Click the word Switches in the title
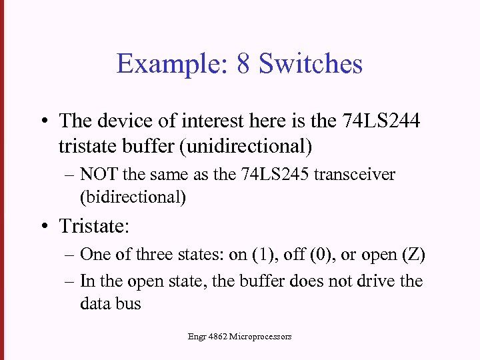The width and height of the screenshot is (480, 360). [311, 64]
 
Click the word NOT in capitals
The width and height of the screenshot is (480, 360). [97, 175]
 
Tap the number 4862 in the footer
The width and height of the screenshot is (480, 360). [217, 337]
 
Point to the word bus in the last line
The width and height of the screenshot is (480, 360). [128, 304]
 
